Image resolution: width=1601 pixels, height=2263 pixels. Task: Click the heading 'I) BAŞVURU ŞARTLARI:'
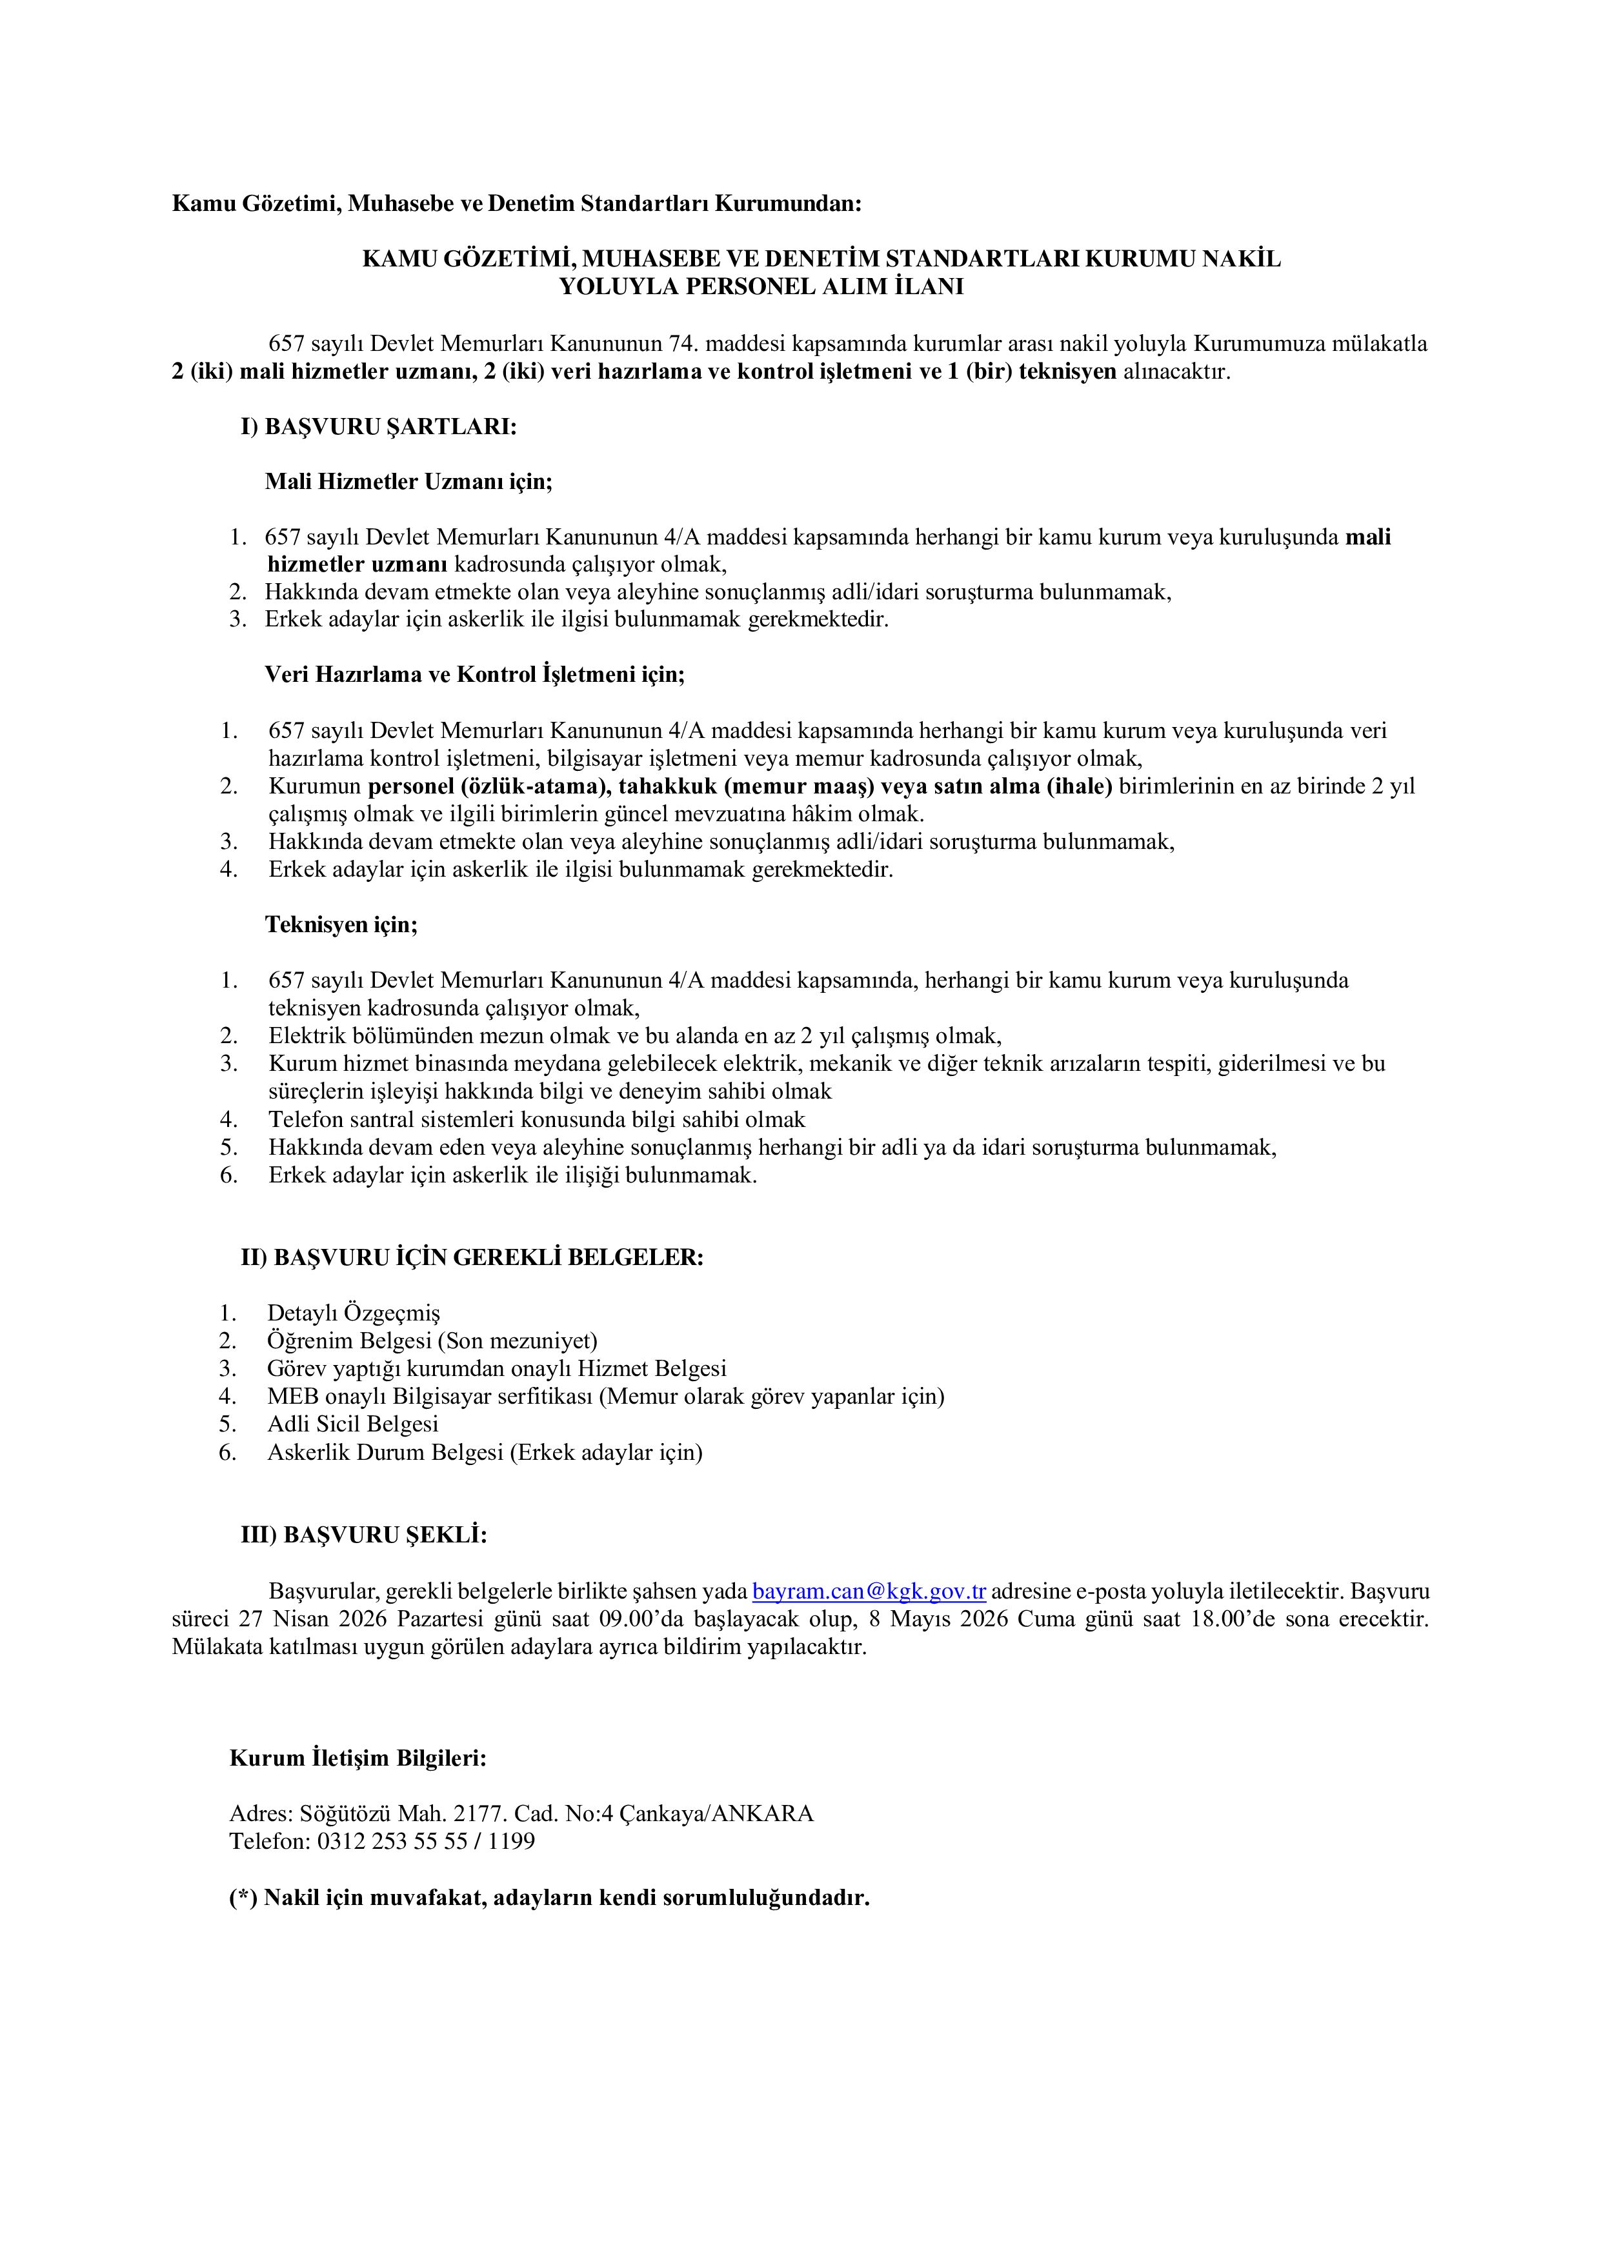379,427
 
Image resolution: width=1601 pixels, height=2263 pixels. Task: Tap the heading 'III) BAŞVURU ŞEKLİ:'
364,1535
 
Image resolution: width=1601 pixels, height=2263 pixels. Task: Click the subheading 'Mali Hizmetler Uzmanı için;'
408,482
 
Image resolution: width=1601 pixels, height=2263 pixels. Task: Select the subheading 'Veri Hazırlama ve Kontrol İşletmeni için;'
474,675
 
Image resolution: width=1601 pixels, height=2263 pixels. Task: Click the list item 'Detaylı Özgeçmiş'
354,1313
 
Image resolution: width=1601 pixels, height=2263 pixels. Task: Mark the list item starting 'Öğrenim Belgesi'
432,1341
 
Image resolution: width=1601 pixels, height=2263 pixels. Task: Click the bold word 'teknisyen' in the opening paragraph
1068,372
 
